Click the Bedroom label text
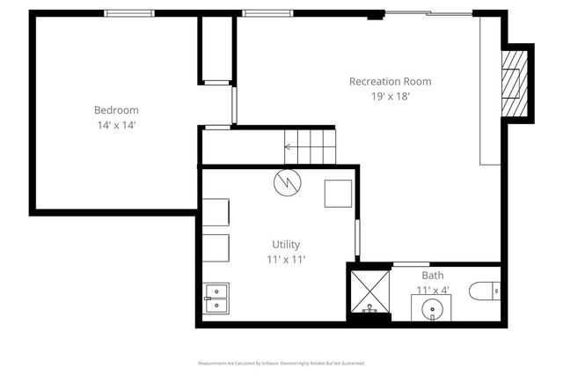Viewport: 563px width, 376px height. (116, 110)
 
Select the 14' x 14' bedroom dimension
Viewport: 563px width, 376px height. (116, 125)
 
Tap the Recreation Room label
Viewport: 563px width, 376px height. (390, 82)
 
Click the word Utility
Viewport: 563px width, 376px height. (286, 244)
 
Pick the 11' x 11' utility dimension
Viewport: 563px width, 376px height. (286, 259)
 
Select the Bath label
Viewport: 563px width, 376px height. (433, 276)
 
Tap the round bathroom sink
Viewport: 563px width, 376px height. (432, 310)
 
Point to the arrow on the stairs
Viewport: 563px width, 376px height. (290, 147)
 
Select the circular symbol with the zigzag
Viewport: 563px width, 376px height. (287, 182)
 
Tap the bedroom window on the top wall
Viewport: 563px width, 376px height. (129, 13)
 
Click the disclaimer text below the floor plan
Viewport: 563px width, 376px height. (281, 363)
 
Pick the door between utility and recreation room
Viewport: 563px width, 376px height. (357, 239)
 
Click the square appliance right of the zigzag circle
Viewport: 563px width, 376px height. (338, 193)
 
